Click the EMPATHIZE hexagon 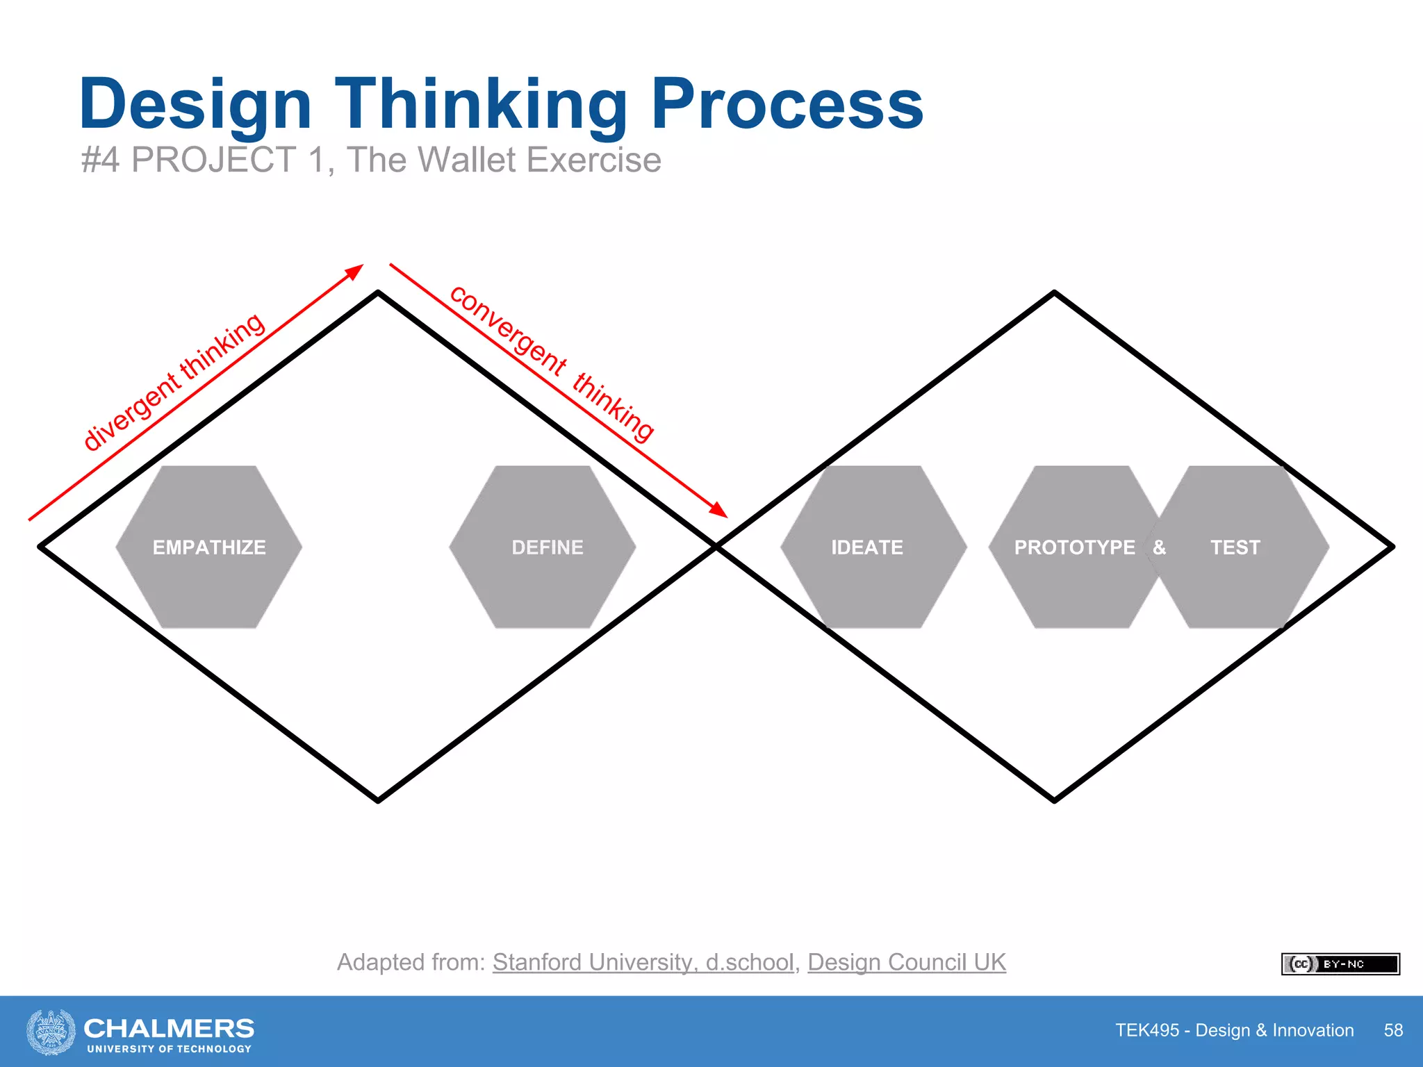[208, 547]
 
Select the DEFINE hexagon [547, 547]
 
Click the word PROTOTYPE [1074, 547]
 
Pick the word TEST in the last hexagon [1235, 547]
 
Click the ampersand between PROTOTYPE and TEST [1159, 547]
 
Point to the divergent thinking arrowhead [356, 270]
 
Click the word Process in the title [787, 104]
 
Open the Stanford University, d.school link [643, 962]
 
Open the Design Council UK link [906, 962]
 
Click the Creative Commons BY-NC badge [1340, 964]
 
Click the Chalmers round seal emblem [51, 1032]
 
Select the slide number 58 [1393, 1030]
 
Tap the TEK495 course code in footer [1147, 1030]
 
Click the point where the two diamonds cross [716, 547]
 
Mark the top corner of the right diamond [1054, 293]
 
